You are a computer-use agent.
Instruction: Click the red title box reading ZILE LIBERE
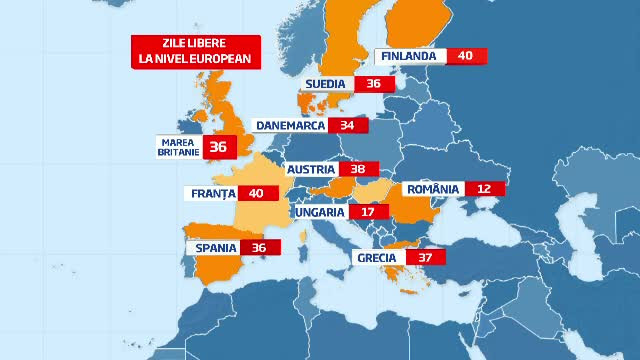(197, 51)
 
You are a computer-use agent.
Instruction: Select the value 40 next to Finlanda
(465, 56)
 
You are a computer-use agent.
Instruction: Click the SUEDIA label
(326, 84)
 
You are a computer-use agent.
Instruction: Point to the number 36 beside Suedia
(374, 84)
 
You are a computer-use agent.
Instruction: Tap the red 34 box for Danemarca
(348, 126)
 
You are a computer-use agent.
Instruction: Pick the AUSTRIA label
(310, 170)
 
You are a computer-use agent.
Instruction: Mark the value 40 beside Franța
(256, 193)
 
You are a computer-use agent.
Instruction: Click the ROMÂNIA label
(432, 188)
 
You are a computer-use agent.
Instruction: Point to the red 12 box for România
(484, 188)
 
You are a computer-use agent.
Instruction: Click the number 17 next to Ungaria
(368, 212)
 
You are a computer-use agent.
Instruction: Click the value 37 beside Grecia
(425, 257)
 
